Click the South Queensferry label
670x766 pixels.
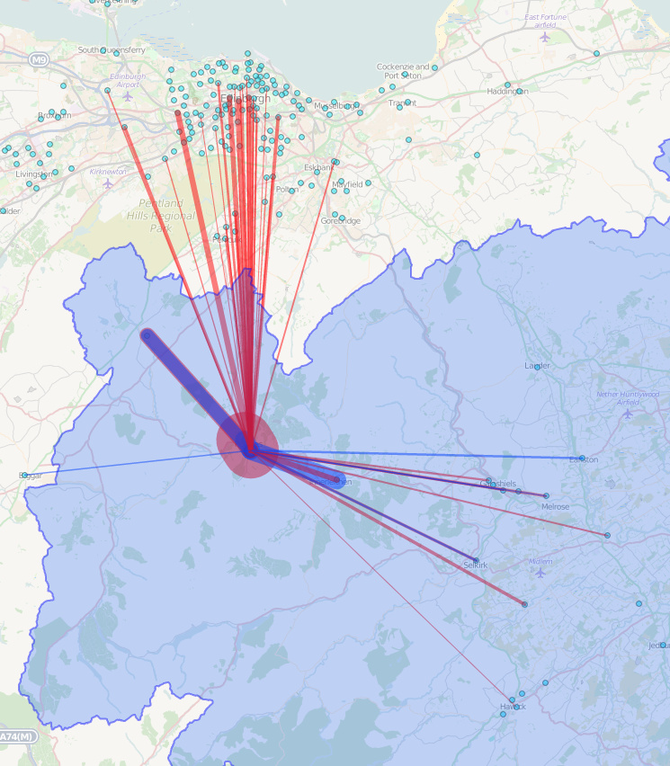[x=112, y=50]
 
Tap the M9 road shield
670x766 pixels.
[x=37, y=60]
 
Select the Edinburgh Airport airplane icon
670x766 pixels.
[x=128, y=95]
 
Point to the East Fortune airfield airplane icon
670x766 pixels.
[x=544, y=38]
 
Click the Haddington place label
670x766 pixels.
[x=507, y=91]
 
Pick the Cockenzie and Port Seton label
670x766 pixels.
[x=403, y=71]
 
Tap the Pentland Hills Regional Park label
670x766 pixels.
[x=160, y=216]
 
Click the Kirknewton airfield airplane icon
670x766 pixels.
[x=109, y=183]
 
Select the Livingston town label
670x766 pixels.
[x=33, y=174]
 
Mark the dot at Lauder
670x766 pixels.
[x=537, y=367]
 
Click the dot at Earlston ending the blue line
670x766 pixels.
[x=582, y=459]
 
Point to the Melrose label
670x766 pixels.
[x=555, y=507]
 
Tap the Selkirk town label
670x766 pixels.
[x=475, y=566]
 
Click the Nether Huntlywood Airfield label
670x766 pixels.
[x=628, y=398]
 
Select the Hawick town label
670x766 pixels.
[x=513, y=707]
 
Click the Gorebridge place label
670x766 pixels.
[x=341, y=221]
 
